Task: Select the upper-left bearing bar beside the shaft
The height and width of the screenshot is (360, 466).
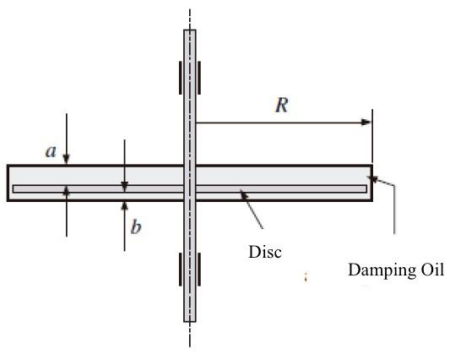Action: (x=178, y=78)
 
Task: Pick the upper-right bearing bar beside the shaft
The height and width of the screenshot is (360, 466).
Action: (x=201, y=78)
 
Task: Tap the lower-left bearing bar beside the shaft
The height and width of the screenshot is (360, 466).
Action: (x=178, y=270)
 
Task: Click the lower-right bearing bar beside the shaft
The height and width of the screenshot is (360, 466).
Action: (x=201, y=270)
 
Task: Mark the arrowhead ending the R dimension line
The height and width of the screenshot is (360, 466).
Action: (x=366, y=123)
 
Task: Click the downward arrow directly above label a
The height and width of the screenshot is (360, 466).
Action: (x=68, y=159)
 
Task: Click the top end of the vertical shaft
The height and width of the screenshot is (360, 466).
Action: (x=189, y=31)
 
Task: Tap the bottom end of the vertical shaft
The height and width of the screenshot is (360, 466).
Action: (x=189, y=320)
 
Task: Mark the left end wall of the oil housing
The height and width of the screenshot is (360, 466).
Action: (x=8, y=183)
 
